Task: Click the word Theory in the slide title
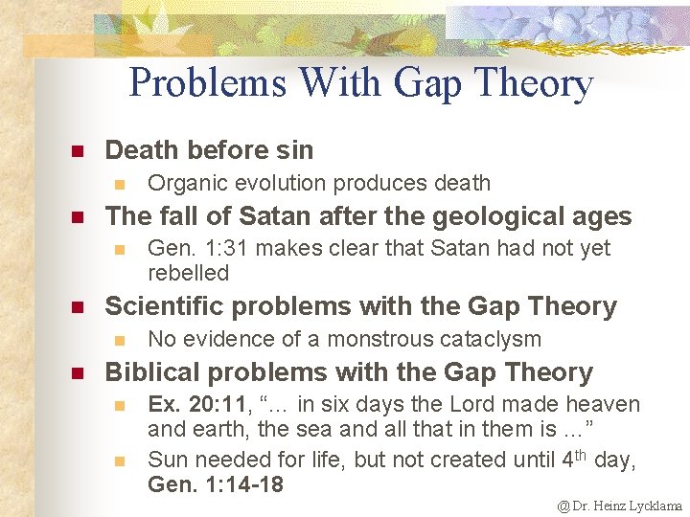[x=540, y=83]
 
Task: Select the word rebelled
[x=189, y=273]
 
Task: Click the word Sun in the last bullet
[x=167, y=460]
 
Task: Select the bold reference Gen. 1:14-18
[x=216, y=484]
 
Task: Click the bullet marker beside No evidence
[x=118, y=340]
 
